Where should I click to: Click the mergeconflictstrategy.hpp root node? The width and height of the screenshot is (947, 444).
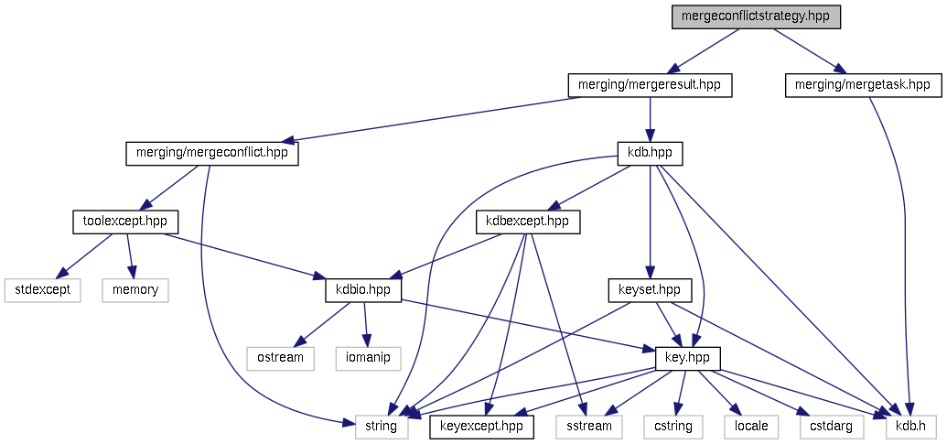click(x=756, y=16)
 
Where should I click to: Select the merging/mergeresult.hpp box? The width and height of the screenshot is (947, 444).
click(x=650, y=85)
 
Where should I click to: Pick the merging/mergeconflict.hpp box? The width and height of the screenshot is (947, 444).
click(x=211, y=153)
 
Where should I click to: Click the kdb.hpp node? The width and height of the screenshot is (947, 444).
click(x=650, y=153)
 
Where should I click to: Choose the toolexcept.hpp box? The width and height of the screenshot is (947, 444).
click(x=124, y=222)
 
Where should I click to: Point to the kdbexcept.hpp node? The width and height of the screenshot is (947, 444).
click(x=527, y=222)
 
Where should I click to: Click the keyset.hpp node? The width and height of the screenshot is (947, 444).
click(x=650, y=289)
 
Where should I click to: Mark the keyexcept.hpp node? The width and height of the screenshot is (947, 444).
click(x=481, y=426)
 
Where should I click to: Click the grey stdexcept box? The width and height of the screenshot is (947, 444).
click(x=43, y=289)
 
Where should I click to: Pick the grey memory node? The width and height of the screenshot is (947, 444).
click(x=135, y=289)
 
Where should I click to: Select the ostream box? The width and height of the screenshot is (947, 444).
click(x=279, y=357)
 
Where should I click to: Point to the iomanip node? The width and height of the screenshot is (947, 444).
click(x=369, y=357)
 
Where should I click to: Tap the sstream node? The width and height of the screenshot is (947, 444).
click(x=589, y=426)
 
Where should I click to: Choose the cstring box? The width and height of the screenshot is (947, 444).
click(x=673, y=426)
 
